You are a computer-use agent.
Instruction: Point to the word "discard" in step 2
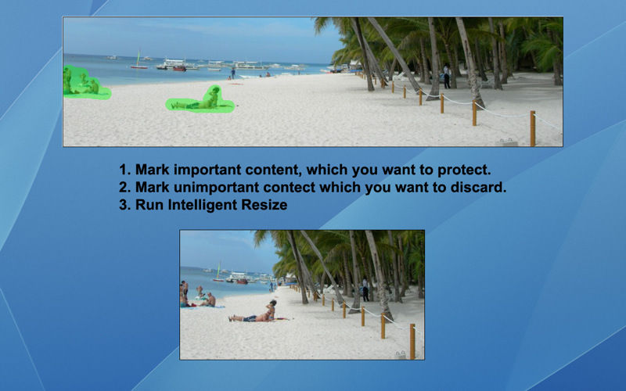tap(476, 187)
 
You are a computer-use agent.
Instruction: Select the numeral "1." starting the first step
tap(125, 170)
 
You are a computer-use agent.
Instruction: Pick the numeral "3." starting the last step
tap(125, 205)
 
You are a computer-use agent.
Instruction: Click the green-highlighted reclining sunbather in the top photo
tap(200, 102)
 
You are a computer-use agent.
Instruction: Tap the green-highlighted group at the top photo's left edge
tap(83, 84)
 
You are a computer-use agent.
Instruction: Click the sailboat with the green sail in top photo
tap(139, 60)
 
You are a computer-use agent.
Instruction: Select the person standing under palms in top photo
tap(447, 76)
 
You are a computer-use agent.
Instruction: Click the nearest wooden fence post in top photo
tap(533, 128)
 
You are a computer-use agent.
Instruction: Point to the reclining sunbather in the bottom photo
tap(254, 314)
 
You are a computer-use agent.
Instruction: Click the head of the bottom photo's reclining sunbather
tap(273, 303)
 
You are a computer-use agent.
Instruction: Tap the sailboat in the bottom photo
tap(218, 272)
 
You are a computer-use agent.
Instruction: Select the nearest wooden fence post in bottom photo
tap(412, 342)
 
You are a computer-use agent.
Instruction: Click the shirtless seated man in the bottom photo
tap(209, 300)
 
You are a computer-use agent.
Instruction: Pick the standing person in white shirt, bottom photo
tap(365, 289)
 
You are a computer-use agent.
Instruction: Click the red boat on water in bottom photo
tap(242, 282)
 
